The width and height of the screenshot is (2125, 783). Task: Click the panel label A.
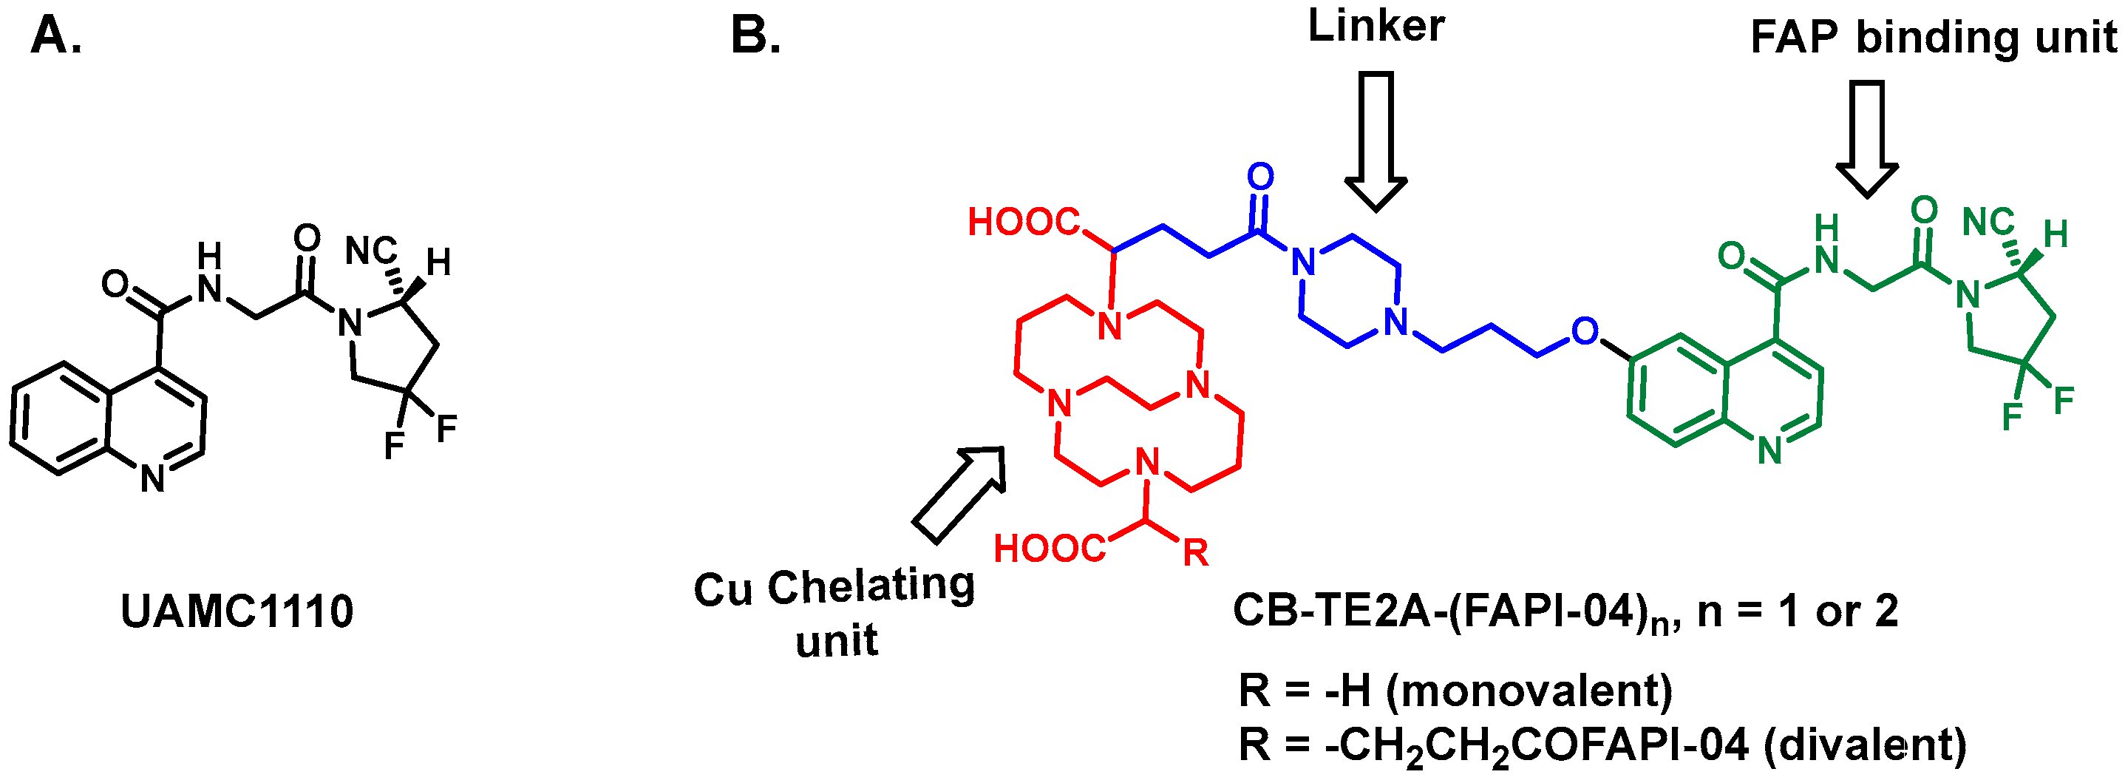click(x=55, y=36)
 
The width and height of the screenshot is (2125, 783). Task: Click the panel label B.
click(x=755, y=36)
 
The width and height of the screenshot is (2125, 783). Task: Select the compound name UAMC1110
click(x=237, y=611)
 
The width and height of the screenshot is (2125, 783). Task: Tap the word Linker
click(x=1376, y=27)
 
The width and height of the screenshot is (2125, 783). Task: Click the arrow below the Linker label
click(x=1376, y=140)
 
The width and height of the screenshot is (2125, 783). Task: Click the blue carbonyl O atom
click(x=1259, y=177)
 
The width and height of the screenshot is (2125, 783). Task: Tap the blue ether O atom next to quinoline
click(x=1584, y=332)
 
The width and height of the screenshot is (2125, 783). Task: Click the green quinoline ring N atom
click(x=1769, y=451)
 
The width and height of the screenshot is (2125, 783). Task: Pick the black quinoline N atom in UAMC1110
click(x=152, y=478)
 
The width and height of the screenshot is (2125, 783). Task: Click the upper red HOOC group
click(x=1024, y=222)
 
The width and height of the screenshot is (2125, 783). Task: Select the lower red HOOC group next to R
click(x=1050, y=549)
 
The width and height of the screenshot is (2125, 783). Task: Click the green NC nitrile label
click(x=1988, y=222)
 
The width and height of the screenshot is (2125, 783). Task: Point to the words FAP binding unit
click(x=1933, y=37)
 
